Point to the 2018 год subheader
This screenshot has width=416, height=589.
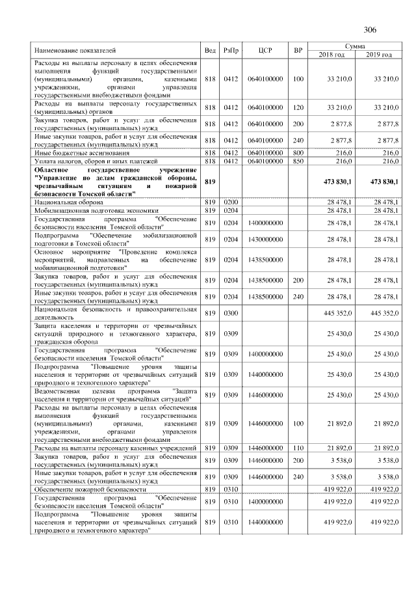pyautogui.click(x=331, y=55)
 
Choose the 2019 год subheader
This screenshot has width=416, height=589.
pyautogui.click(x=378, y=55)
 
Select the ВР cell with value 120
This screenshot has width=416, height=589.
pyautogui.click(x=298, y=107)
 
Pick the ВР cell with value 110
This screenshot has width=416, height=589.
pyautogui.click(x=298, y=448)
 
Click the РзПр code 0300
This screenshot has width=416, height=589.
pyautogui.click(x=231, y=312)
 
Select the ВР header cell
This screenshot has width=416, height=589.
pyautogui.click(x=298, y=50)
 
